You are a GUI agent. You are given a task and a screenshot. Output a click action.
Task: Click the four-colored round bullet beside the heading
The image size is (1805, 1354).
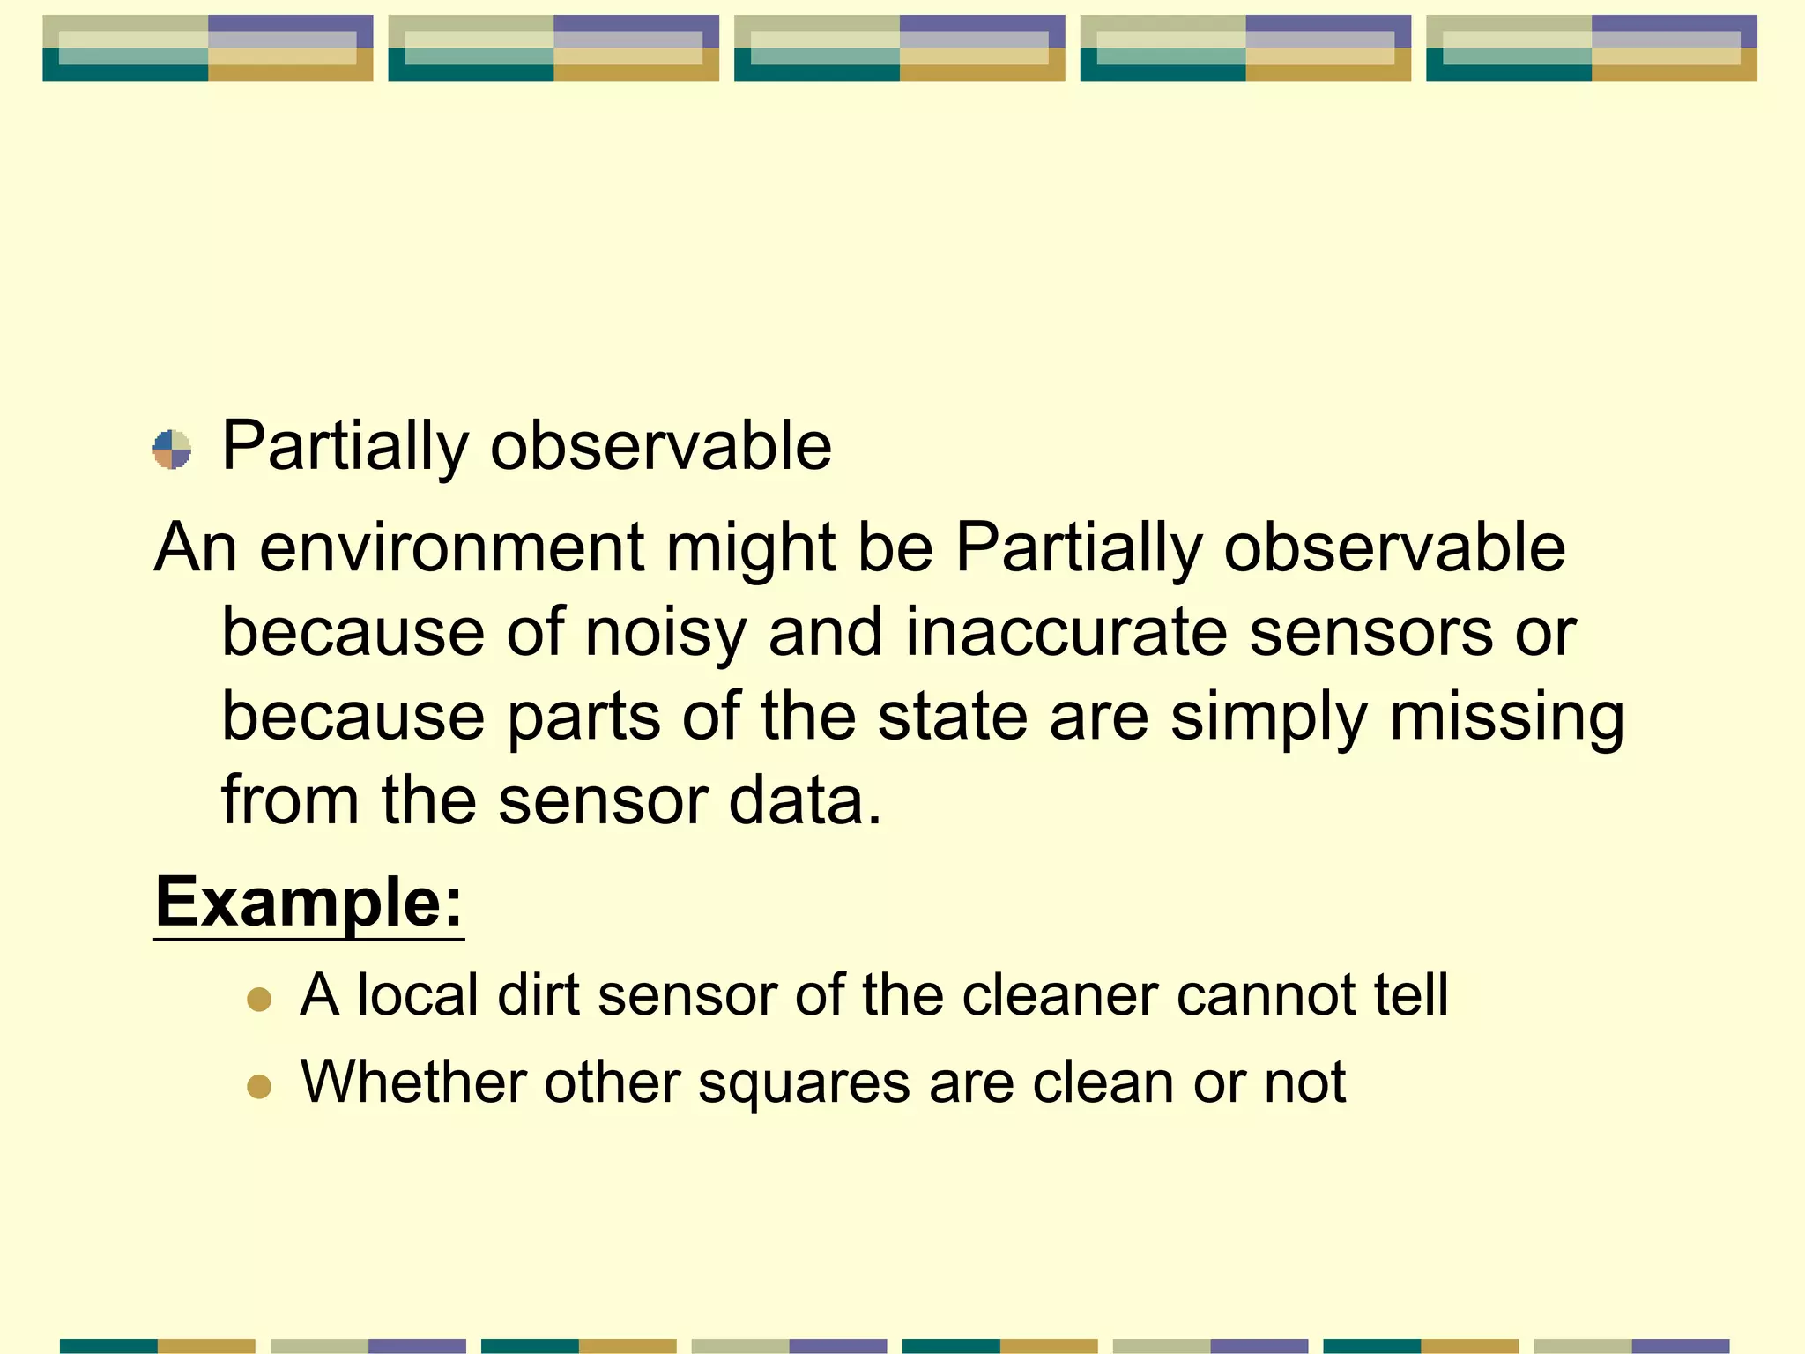pos(172,450)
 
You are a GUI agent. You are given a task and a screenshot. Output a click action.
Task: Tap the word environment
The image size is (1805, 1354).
pos(451,548)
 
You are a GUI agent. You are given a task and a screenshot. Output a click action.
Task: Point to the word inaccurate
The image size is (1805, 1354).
pos(1066,633)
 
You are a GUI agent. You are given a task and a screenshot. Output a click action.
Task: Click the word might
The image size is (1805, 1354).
pos(750,548)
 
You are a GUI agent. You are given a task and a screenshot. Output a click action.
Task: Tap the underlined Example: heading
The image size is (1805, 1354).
pos(308,904)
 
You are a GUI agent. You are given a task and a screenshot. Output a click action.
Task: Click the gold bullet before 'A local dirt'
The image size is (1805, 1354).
pos(259,999)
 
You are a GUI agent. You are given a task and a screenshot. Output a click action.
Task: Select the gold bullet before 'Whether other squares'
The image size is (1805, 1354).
pos(259,1086)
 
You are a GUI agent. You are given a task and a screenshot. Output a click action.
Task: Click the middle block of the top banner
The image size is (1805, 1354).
pos(899,48)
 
